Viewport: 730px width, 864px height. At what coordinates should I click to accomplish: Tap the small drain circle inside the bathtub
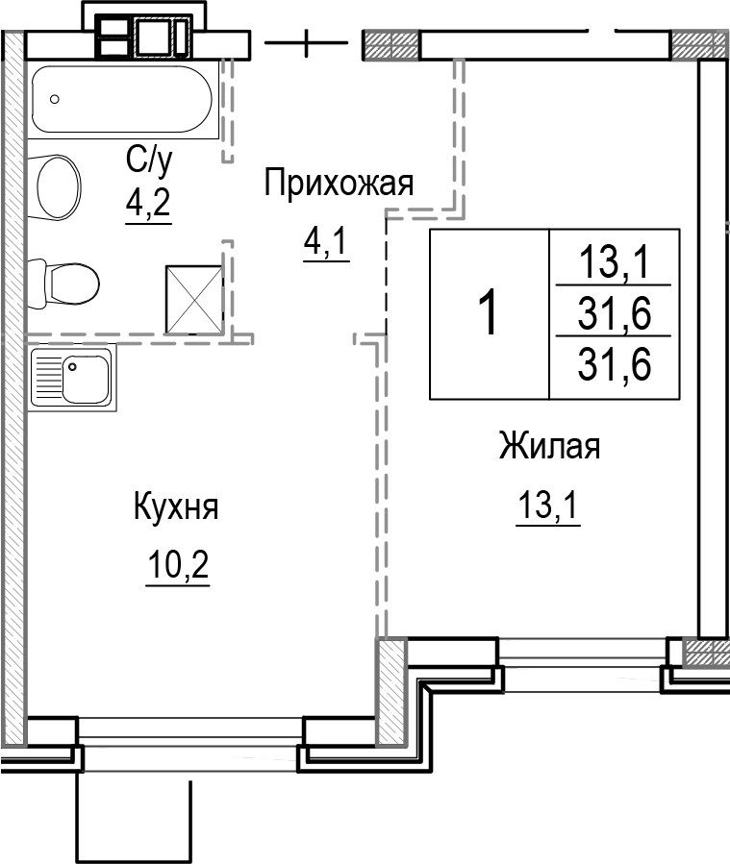click(x=56, y=99)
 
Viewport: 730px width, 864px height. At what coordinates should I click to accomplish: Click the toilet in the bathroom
click(x=67, y=282)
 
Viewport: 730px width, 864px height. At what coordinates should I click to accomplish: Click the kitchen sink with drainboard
click(x=71, y=377)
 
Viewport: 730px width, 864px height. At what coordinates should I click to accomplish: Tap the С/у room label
click(x=148, y=162)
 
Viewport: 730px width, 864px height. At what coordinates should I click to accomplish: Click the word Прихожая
click(x=339, y=183)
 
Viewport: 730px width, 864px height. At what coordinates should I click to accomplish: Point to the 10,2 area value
click(x=177, y=567)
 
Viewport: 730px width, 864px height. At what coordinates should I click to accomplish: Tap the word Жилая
click(x=549, y=447)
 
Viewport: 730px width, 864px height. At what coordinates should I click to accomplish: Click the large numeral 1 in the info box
click(x=489, y=313)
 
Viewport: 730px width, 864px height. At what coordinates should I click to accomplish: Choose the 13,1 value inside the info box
click(x=614, y=260)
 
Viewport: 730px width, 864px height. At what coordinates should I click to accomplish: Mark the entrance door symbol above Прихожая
click(x=306, y=43)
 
